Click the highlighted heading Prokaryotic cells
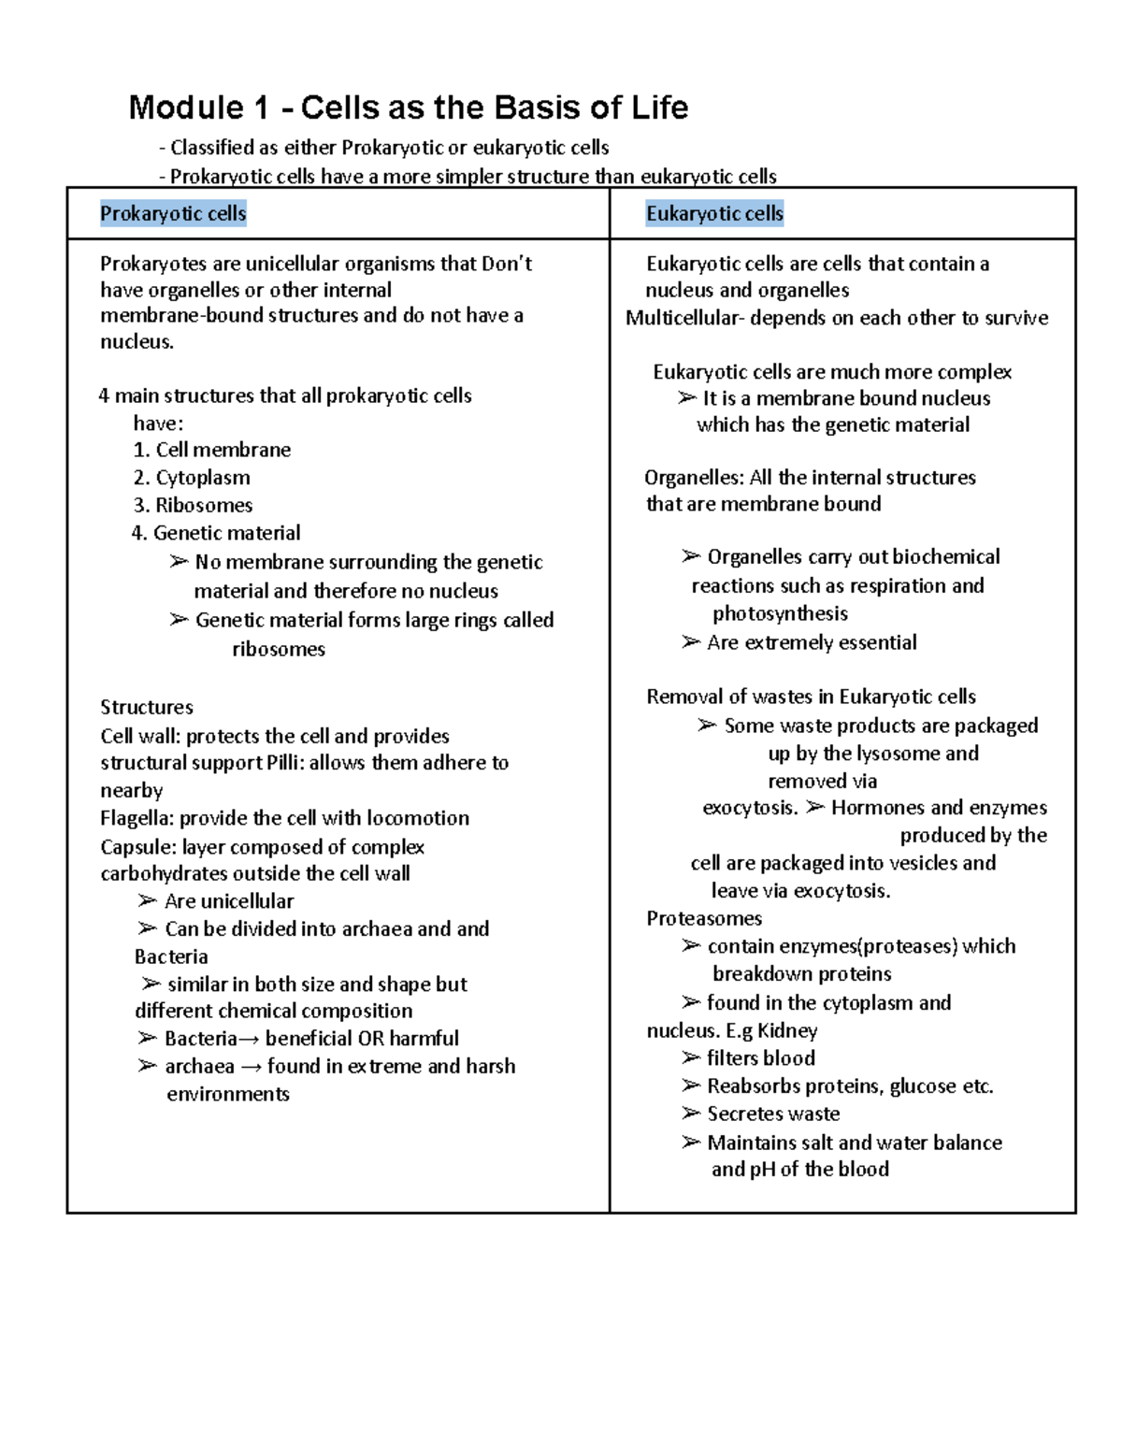[173, 214]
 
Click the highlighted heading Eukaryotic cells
[714, 214]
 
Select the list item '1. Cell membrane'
[211, 450]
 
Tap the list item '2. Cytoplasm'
[191, 478]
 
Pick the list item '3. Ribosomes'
[193, 505]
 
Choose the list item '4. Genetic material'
[216, 533]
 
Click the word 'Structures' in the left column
[147, 707]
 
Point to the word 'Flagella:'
[137, 818]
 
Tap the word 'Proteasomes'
[704, 918]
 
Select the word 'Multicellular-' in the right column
[685, 318]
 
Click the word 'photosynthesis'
[780, 613]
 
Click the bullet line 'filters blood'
[760, 1058]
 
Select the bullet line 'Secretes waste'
[772, 1114]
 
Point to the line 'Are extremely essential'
[811, 642]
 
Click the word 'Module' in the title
[186, 108]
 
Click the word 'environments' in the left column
[228, 1094]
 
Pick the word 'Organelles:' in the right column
[694, 478]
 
